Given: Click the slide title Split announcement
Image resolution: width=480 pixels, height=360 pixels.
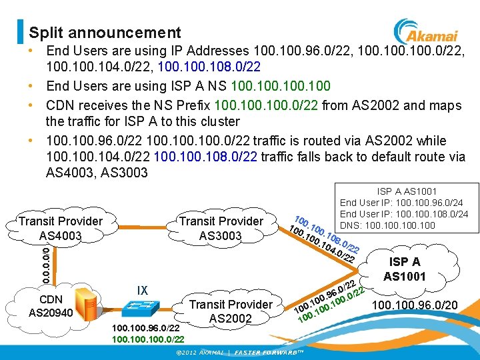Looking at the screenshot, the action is coord(105,32).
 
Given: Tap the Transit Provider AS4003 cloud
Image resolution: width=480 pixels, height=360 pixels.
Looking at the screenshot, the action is coord(61,228).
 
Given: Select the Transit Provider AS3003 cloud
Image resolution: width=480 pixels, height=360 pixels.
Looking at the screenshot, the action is coord(222,228).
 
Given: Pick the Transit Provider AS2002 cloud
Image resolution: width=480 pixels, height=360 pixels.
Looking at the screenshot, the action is coord(231,311).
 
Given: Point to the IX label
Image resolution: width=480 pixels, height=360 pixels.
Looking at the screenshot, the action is coord(142,291).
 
